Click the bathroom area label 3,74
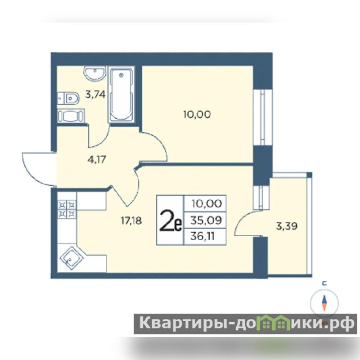(x=95, y=94)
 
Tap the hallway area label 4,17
(x=97, y=159)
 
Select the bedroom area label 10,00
(x=197, y=114)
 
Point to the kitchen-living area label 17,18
(x=131, y=220)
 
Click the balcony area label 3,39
(x=287, y=226)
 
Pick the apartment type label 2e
(x=171, y=220)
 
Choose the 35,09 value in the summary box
(x=206, y=220)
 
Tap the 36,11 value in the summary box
(x=202, y=236)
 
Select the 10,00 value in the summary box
(x=207, y=204)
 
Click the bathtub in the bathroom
(x=121, y=94)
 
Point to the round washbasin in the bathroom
(x=95, y=73)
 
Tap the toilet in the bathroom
(x=68, y=99)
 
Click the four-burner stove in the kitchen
(x=67, y=209)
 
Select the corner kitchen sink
(x=72, y=258)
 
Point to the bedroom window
(x=263, y=117)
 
